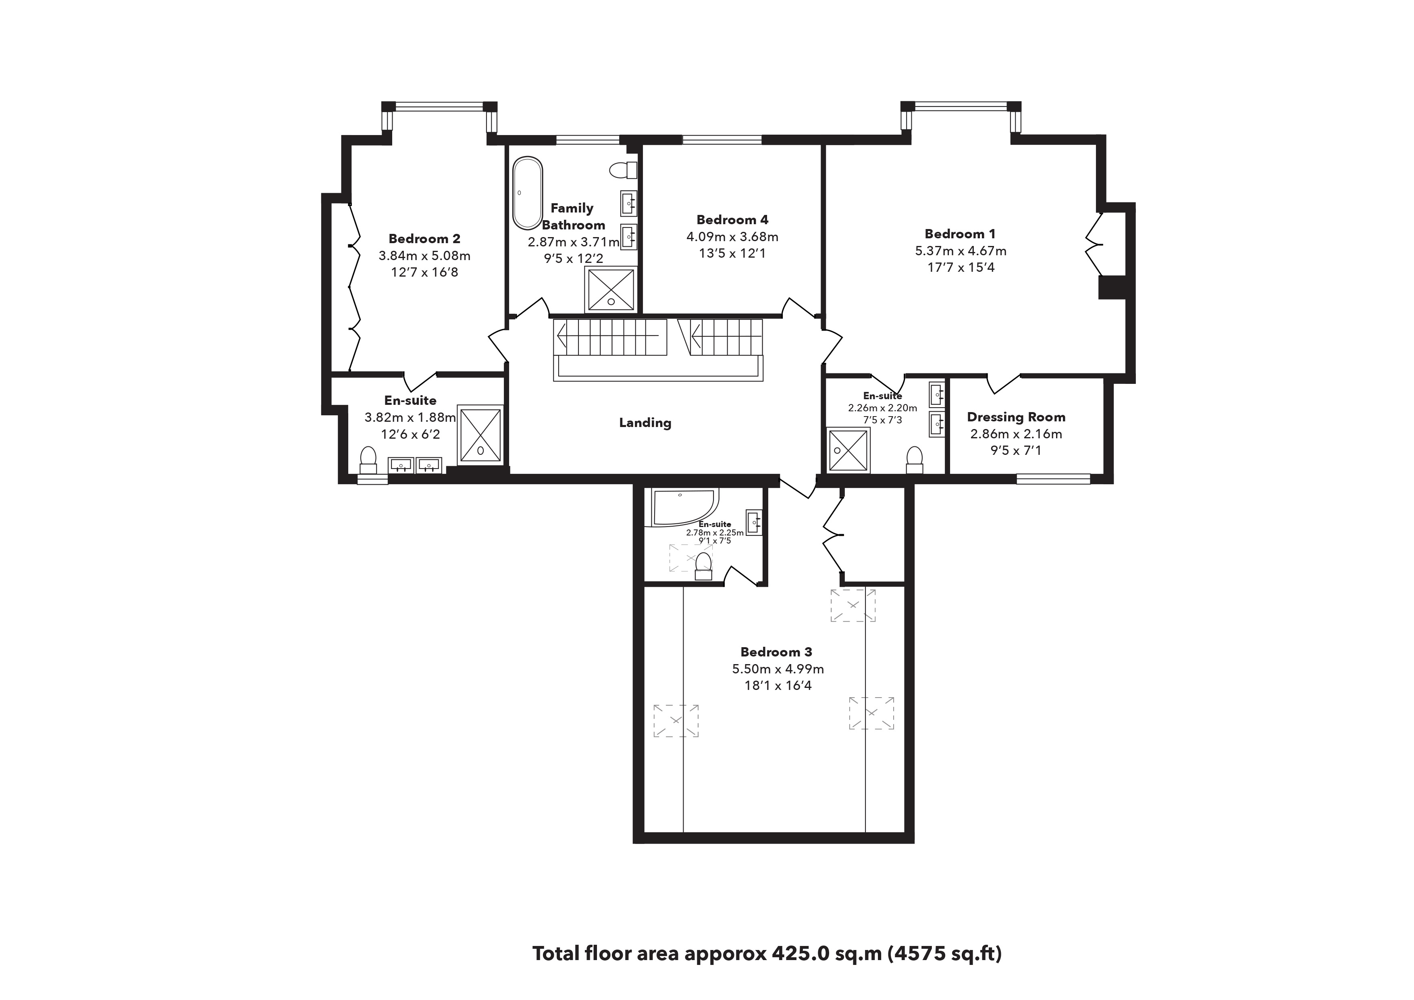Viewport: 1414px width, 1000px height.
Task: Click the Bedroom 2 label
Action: (x=424, y=238)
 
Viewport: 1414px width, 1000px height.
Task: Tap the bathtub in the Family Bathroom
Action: (x=528, y=193)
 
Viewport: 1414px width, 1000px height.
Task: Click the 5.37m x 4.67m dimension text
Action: (x=961, y=251)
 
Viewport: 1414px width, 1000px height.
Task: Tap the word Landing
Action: (x=645, y=423)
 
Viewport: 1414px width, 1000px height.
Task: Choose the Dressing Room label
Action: (x=1016, y=417)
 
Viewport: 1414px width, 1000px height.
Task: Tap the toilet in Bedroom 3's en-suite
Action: (x=703, y=566)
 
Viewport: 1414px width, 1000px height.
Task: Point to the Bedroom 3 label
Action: (x=776, y=652)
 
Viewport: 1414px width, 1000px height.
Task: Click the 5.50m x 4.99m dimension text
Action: (x=778, y=669)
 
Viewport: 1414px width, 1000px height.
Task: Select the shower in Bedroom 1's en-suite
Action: (x=848, y=450)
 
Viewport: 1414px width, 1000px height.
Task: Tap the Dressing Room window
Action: (x=1053, y=479)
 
